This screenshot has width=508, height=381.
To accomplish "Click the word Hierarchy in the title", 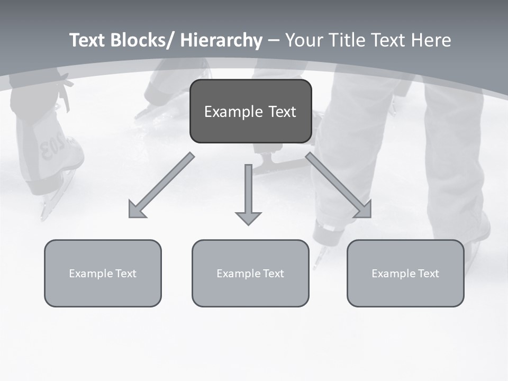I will [221, 40].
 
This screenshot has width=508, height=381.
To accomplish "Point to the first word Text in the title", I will [88, 40].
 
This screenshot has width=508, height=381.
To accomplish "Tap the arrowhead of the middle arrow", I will [248, 217].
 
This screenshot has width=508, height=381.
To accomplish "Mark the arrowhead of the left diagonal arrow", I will [136, 210].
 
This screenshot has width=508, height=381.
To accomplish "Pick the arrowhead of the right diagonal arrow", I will [364, 210].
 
